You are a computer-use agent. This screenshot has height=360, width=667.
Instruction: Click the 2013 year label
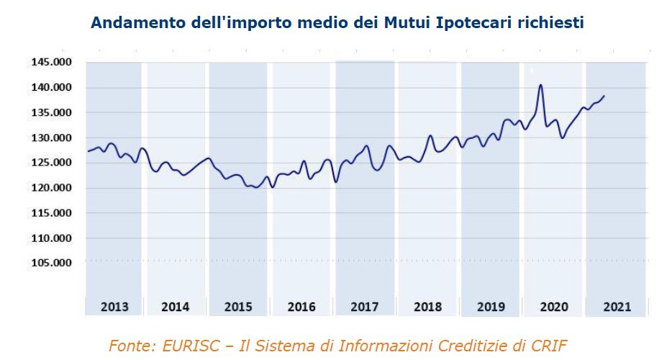coord(114,307)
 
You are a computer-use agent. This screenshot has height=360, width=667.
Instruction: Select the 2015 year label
coord(238,307)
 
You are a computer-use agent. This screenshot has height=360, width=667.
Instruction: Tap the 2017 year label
coord(365,307)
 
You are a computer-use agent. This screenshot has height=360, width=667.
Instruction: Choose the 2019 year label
coord(491,307)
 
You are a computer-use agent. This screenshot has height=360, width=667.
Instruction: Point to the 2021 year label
coord(617,307)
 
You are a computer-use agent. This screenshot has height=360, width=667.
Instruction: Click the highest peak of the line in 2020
coord(540,85)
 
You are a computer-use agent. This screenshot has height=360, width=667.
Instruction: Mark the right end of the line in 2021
coord(604,96)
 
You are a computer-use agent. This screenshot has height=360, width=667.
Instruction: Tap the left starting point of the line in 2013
coord(87,151)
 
